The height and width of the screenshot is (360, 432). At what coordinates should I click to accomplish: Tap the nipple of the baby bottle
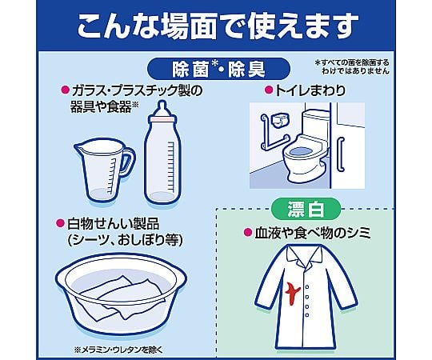(x=162, y=107)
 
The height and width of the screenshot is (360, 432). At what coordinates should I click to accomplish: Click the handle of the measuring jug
(x=126, y=162)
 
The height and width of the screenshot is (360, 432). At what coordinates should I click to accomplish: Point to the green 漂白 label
(x=306, y=210)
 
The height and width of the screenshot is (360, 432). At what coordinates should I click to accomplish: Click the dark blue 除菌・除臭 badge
(x=218, y=69)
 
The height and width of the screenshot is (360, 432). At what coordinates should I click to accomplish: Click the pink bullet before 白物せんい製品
(x=60, y=223)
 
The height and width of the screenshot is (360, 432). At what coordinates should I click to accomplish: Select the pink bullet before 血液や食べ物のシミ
(x=248, y=232)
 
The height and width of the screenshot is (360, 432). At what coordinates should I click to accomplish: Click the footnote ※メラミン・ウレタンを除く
(x=118, y=350)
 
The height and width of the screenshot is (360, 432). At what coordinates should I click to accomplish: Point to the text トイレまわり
(x=310, y=90)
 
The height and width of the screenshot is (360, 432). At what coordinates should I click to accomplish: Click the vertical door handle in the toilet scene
(x=342, y=154)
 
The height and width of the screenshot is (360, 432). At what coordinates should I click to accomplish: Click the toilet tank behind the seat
(x=316, y=121)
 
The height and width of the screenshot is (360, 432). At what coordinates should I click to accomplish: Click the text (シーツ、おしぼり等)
(x=125, y=240)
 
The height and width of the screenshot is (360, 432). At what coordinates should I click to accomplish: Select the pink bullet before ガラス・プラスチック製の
(x=66, y=90)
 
